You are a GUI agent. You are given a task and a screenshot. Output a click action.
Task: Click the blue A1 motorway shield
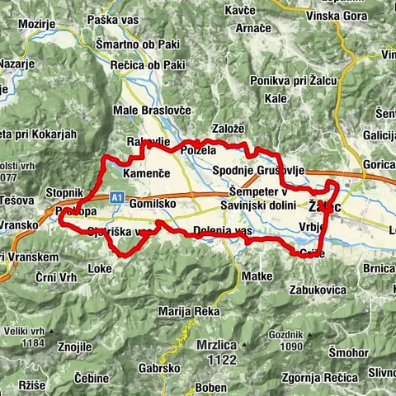click(x=117, y=198)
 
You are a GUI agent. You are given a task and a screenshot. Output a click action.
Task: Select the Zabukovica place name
click(x=317, y=290)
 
